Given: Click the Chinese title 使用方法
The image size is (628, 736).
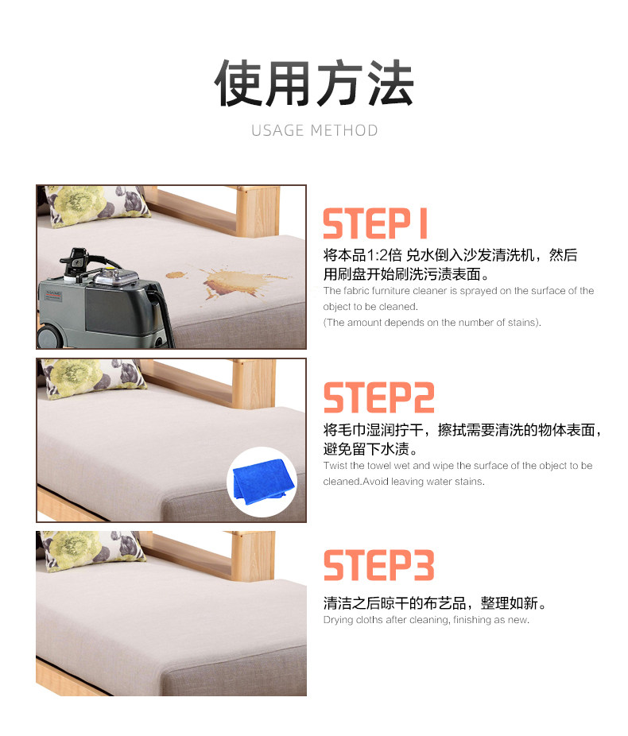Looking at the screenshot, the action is [x=313, y=83].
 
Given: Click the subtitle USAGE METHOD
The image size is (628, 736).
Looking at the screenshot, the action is [x=315, y=130].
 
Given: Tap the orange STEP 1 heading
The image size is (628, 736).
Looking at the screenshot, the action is [x=375, y=223].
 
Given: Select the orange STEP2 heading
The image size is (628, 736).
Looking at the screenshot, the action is [x=378, y=397].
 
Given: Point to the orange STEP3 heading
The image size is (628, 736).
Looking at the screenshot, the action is [x=378, y=565].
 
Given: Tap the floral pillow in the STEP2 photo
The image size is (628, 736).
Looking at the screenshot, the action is [x=93, y=377].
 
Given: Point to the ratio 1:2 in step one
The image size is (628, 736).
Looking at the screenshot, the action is [x=377, y=255].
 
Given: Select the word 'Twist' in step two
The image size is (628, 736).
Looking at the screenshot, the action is [x=335, y=466].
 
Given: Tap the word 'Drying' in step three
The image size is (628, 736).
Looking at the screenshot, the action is [x=338, y=620].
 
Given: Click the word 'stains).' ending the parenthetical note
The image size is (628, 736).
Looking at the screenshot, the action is [x=525, y=323].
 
